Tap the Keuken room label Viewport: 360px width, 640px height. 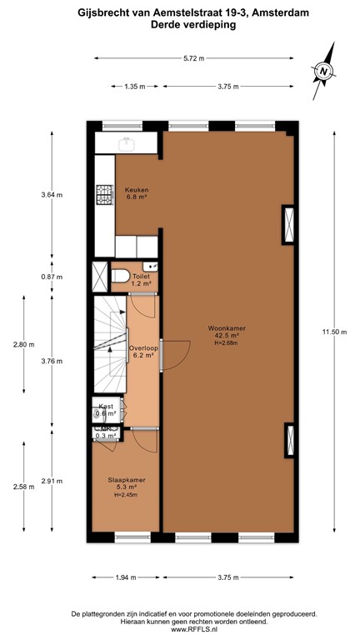tap(136, 192)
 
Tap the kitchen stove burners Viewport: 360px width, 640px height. tap(104, 194)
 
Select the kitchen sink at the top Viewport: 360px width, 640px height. tap(128, 142)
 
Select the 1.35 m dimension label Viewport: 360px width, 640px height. tap(135, 86)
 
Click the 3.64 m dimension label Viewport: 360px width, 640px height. tap(51, 194)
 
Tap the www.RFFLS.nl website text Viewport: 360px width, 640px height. tap(179, 629)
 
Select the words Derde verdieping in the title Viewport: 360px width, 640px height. tap(180, 26)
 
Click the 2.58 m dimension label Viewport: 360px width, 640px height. tap(22, 487)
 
